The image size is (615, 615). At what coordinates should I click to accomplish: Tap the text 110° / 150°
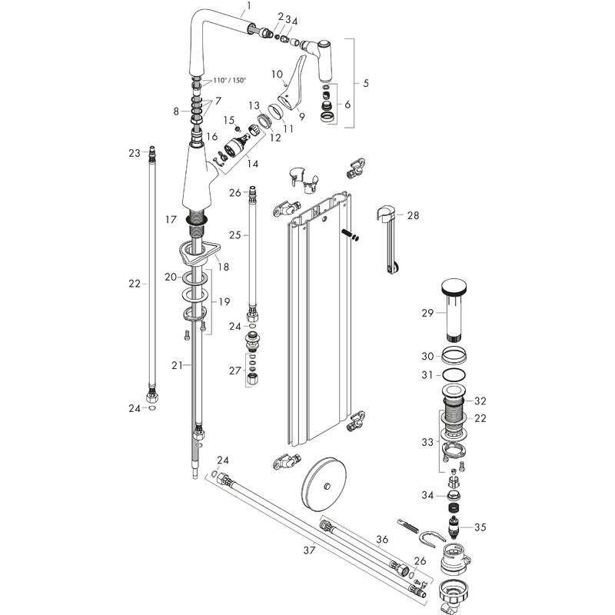click(x=230, y=81)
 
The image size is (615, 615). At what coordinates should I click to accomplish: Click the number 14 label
click(x=252, y=164)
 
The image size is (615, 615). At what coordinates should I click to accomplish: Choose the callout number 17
click(x=171, y=219)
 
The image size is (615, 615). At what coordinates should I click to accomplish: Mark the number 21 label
click(x=177, y=365)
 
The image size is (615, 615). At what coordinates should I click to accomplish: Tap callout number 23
click(x=134, y=153)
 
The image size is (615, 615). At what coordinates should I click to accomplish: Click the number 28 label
click(x=414, y=216)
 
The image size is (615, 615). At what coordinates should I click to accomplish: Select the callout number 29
click(x=428, y=312)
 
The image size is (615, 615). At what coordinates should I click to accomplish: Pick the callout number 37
click(x=310, y=550)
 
